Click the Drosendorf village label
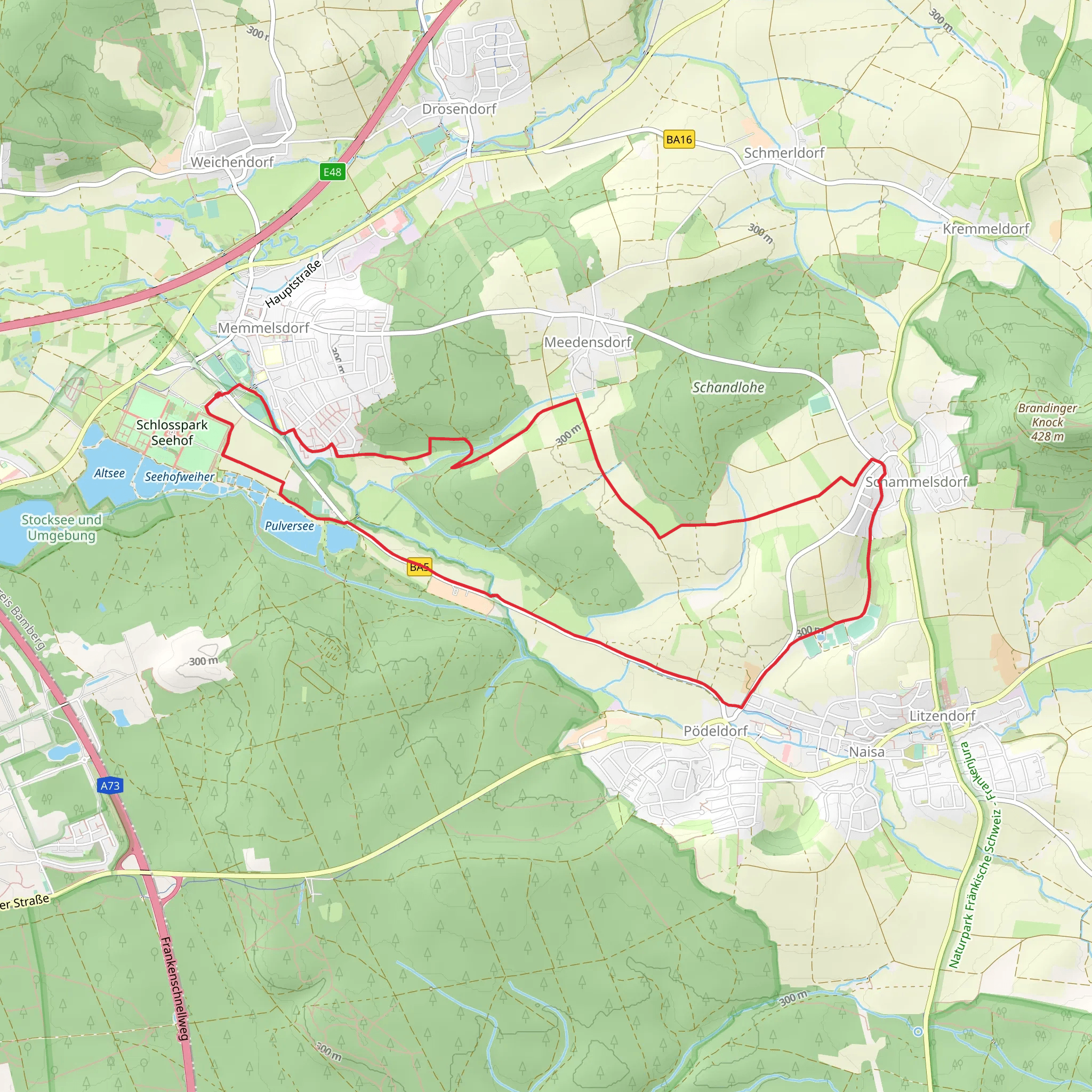(x=459, y=109)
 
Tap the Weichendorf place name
(x=232, y=162)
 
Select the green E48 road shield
(x=332, y=172)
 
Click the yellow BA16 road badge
(x=679, y=140)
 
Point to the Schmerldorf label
(x=784, y=153)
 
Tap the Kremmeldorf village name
(x=986, y=229)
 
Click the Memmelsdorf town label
(x=263, y=328)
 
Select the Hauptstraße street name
(x=293, y=284)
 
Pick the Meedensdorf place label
(x=587, y=342)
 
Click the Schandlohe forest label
(x=728, y=388)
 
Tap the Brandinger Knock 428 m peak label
(x=1047, y=422)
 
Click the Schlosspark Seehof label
(x=172, y=432)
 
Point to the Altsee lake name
(x=109, y=473)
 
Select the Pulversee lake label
(x=290, y=526)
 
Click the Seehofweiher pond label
(x=179, y=477)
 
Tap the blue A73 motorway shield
(x=110, y=785)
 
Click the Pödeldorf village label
(x=716, y=732)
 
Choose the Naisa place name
(x=866, y=752)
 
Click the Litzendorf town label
(x=942, y=716)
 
